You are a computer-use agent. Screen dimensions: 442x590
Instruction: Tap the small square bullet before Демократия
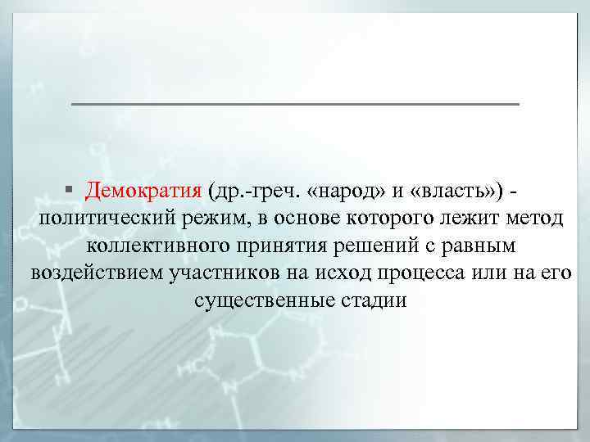click(73, 192)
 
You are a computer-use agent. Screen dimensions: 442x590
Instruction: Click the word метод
click(533, 219)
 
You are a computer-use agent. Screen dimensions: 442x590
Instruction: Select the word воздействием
click(91, 273)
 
